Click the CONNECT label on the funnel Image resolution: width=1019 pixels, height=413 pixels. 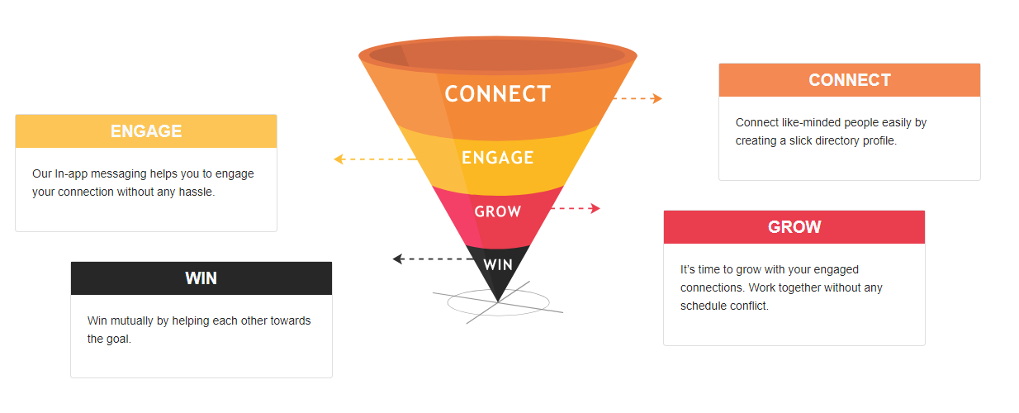coord(498,94)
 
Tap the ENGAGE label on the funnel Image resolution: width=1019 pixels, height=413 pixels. coord(498,158)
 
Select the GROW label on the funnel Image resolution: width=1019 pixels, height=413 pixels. coord(498,211)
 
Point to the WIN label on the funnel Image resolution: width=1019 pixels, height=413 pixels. coord(498,264)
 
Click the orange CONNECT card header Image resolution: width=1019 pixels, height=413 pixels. coord(850,80)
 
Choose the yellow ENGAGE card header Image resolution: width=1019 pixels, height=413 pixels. coord(146,131)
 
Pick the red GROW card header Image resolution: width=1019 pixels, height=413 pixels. coord(794,227)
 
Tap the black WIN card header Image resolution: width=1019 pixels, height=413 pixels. coord(201,278)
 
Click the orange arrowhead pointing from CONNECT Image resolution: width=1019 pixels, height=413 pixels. coord(656,98)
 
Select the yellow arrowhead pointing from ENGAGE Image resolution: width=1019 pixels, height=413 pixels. coord(339,159)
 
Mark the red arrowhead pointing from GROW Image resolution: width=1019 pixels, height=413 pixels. coord(595,208)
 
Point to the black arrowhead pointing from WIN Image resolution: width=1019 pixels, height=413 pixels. coord(398,259)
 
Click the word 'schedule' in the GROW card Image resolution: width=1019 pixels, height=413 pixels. coord(701,306)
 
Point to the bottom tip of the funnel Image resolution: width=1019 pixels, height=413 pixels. coord(498,301)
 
